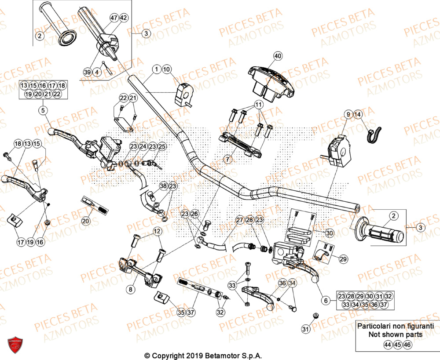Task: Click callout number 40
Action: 277,56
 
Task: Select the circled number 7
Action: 227,159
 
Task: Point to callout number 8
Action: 130,289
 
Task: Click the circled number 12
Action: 156,232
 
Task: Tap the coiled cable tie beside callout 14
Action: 374,134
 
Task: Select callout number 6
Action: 326,301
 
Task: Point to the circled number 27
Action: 239,219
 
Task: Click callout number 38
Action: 163,186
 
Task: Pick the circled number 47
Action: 114,18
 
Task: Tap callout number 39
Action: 88,72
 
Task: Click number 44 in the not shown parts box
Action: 387,345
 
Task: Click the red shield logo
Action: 15,344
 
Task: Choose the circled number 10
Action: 166,69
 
